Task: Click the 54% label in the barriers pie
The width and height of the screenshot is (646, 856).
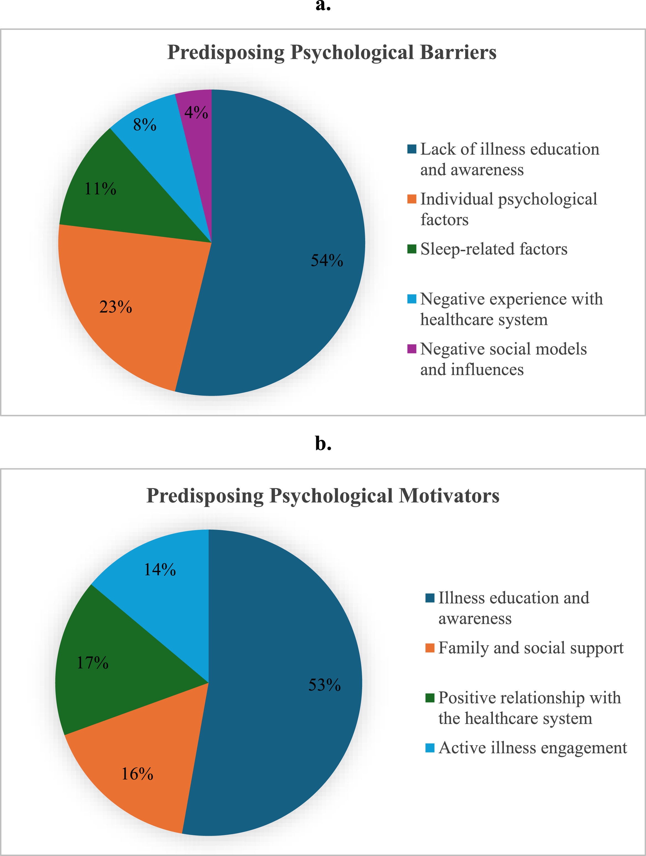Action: pyautogui.click(x=326, y=260)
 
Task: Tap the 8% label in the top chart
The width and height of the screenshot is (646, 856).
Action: pyautogui.click(x=145, y=125)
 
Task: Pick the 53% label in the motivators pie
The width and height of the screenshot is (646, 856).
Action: pyautogui.click(x=324, y=685)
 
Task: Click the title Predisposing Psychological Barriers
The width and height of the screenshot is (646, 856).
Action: pyautogui.click(x=331, y=52)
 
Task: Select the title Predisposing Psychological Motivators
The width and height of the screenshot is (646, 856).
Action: pyautogui.click(x=323, y=496)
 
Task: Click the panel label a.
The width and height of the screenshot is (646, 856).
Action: pyautogui.click(x=323, y=6)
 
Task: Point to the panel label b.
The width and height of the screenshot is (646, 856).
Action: pyautogui.click(x=323, y=443)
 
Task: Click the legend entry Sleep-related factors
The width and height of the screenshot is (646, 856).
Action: pyautogui.click(x=493, y=249)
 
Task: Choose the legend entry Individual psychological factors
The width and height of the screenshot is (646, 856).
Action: pyautogui.click(x=508, y=209)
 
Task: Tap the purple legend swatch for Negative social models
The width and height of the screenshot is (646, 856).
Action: pyautogui.click(x=411, y=349)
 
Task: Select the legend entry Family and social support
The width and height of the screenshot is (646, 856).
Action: pyautogui.click(x=530, y=648)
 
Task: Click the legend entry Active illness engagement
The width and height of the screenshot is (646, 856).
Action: pyautogui.click(x=532, y=748)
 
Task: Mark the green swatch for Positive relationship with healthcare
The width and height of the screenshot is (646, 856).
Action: pyautogui.click(x=430, y=698)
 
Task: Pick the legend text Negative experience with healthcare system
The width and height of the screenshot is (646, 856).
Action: pyautogui.click(x=511, y=309)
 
